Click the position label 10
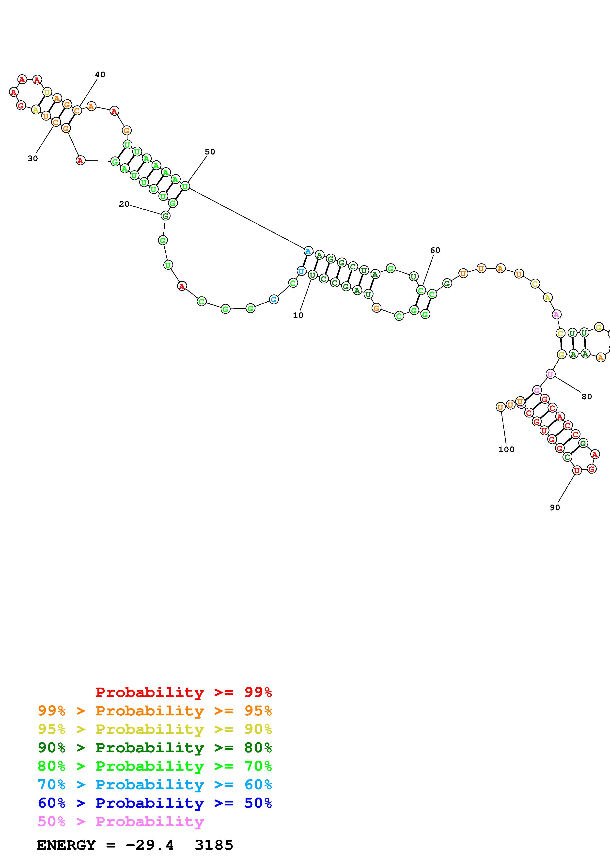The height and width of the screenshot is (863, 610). (298, 316)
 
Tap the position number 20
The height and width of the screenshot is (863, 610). (124, 204)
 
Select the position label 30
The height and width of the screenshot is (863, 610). (33, 159)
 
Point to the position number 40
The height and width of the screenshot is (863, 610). (100, 75)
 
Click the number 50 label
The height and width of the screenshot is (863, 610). (210, 152)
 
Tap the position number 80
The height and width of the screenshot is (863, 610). (586, 397)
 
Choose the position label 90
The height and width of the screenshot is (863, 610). (555, 508)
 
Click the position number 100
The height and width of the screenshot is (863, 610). (506, 449)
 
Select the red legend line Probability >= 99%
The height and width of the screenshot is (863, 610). (184, 692)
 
